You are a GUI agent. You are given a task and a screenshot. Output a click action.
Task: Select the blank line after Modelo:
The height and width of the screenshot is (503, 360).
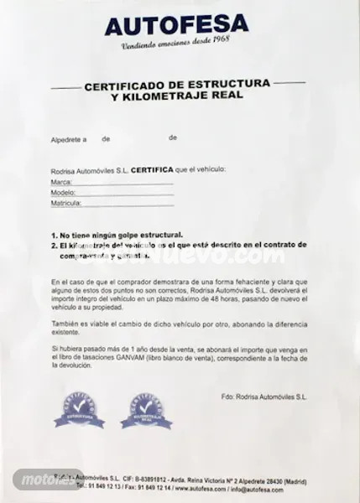click(x=125, y=192)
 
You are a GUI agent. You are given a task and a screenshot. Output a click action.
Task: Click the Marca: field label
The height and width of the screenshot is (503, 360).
click(x=61, y=181)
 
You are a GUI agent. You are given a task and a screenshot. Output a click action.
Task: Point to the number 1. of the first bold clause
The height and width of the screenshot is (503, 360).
click(x=54, y=236)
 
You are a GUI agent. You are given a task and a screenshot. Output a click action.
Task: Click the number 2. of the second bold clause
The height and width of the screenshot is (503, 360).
click(x=54, y=246)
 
